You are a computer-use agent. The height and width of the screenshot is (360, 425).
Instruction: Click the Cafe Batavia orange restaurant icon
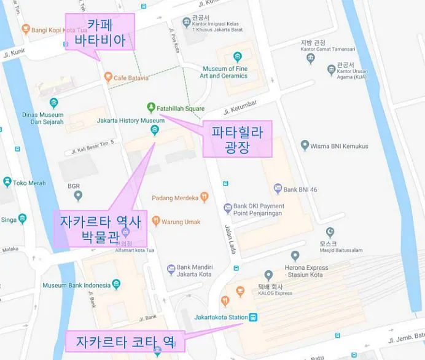click(x=108, y=77)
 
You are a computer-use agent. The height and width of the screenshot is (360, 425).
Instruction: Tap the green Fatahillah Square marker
click(x=151, y=108)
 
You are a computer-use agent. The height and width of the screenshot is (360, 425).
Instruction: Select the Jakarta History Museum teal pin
click(x=154, y=130)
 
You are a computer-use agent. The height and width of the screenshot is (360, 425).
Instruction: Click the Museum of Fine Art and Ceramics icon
click(x=238, y=58)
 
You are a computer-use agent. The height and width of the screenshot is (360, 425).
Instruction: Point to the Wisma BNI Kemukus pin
click(x=305, y=146)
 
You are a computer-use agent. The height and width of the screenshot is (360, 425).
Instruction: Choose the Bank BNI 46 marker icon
click(x=278, y=189)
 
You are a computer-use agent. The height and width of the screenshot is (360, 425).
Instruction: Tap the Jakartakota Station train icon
click(x=253, y=318)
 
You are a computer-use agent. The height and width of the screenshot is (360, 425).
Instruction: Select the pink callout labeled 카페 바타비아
click(x=100, y=33)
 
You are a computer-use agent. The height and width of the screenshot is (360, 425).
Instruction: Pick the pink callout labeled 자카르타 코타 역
click(x=123, y=341)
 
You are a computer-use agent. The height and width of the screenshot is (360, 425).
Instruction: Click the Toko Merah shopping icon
click(x=7, y=182)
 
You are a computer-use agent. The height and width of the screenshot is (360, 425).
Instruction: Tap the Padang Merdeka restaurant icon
click(x=205, y=197)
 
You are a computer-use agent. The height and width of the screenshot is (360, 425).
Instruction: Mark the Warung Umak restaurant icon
click(x=156, y=221)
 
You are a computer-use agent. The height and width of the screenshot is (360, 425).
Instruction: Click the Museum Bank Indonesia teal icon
click(x=117, y=284)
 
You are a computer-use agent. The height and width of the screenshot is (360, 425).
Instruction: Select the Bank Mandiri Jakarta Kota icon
click(x=171, y=270)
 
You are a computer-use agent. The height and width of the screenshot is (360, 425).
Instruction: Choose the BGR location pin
click(x=78, y=196)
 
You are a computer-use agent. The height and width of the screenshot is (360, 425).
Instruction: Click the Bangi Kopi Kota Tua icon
click(x=26, y=29)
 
